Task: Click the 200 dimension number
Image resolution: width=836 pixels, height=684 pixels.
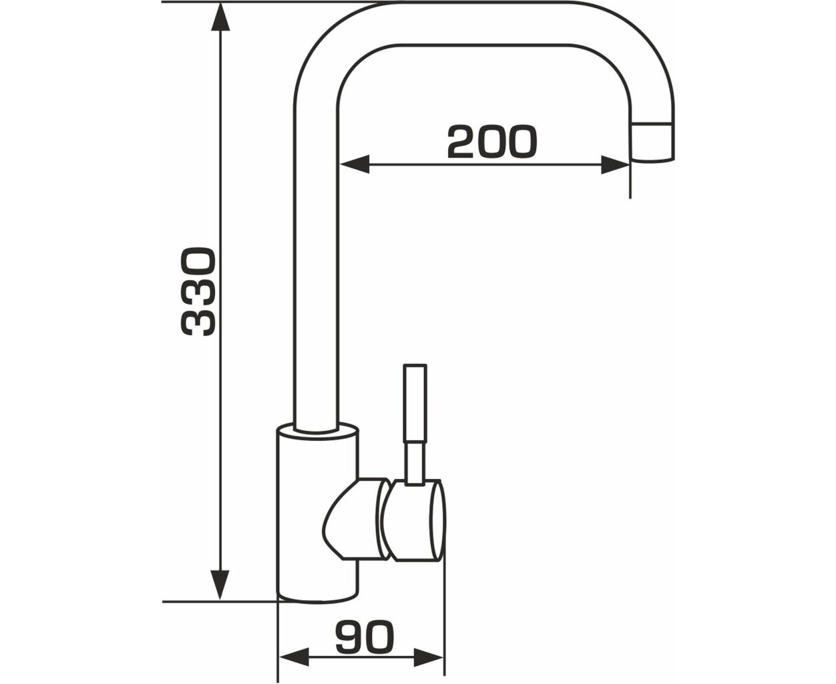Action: click(x=492, y=142)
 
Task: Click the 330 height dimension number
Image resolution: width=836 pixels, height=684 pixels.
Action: click(x=198, y=292)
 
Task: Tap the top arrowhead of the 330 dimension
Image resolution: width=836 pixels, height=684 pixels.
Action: click(x=220, y=17)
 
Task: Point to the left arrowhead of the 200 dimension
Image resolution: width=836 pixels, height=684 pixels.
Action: click(x=355, y=164)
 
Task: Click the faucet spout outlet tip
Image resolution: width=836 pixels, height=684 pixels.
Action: click(x=652, y=142)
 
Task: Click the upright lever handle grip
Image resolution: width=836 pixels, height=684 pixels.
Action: click(x=415, y=403)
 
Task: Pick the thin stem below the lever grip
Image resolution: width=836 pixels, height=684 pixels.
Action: click(x=415, y=464)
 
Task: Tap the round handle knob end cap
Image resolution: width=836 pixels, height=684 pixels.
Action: click(x=437, y=520)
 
